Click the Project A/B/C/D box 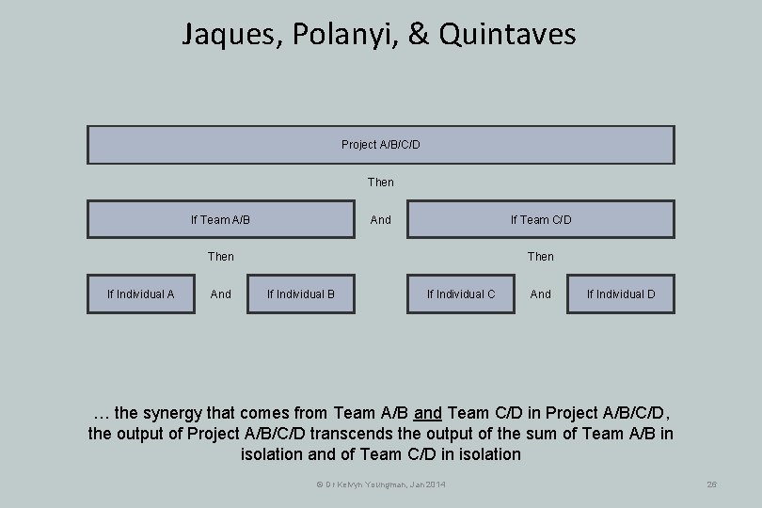click(x=380, y=145)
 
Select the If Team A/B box click(x=222, y=219)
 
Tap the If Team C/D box click(x=540, y=219)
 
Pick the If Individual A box click(x=140, y=294)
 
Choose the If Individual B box click(x=301, y=294)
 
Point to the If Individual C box click(x=460, y=294)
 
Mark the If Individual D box click(x=621, y=294)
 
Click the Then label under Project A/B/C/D click(x=381, y=182)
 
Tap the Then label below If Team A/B click(x=221, y=256)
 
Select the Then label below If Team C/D click(x=541, y=256)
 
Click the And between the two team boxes click(x=381, y=219)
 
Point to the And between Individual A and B click(x=221, y=294)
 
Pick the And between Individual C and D click(x=541, y=294)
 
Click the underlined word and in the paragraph click(x=428, y=413)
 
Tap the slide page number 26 click(x=712, y=484)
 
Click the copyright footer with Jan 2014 click(x=381, y=484)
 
